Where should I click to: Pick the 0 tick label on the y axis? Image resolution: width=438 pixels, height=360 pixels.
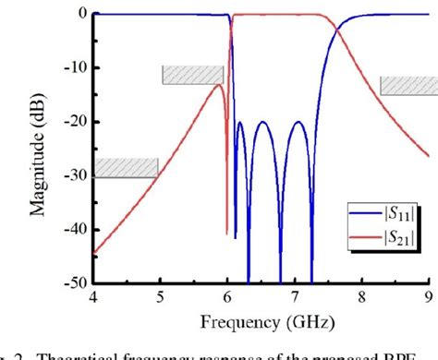click(x=82, y=14)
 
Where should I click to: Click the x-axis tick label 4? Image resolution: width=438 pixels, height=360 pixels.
click(x=92, y=297)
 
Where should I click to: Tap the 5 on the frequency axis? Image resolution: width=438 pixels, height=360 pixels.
click(x=160, y=297)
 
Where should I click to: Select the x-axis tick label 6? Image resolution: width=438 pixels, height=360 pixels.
click(x=227, y=297)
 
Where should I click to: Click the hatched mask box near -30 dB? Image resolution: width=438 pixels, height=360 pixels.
click(x=126, y=167)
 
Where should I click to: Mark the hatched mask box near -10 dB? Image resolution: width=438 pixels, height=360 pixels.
click(x=193, y=75)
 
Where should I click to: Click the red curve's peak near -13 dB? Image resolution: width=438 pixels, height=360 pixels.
click(x=218, y=85)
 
